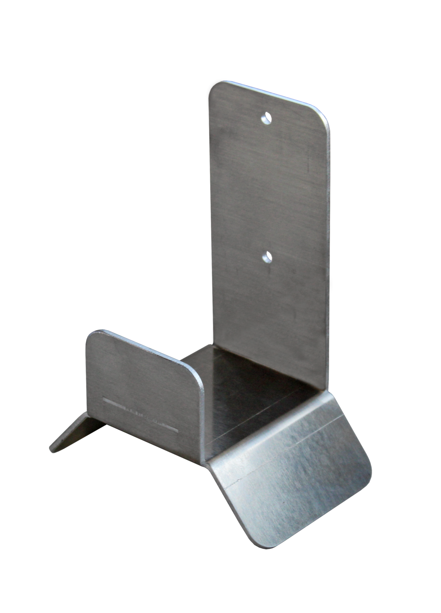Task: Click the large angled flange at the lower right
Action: pos(295,482)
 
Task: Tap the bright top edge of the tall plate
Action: pos(266,92)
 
